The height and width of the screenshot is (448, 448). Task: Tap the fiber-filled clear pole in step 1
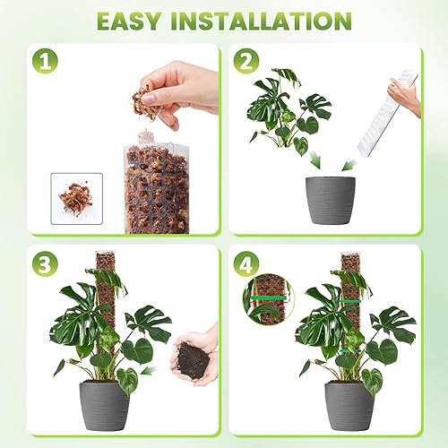point(157,184)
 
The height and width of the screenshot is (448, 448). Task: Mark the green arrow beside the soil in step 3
point(149,368)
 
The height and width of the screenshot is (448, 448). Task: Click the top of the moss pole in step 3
point(106,262)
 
